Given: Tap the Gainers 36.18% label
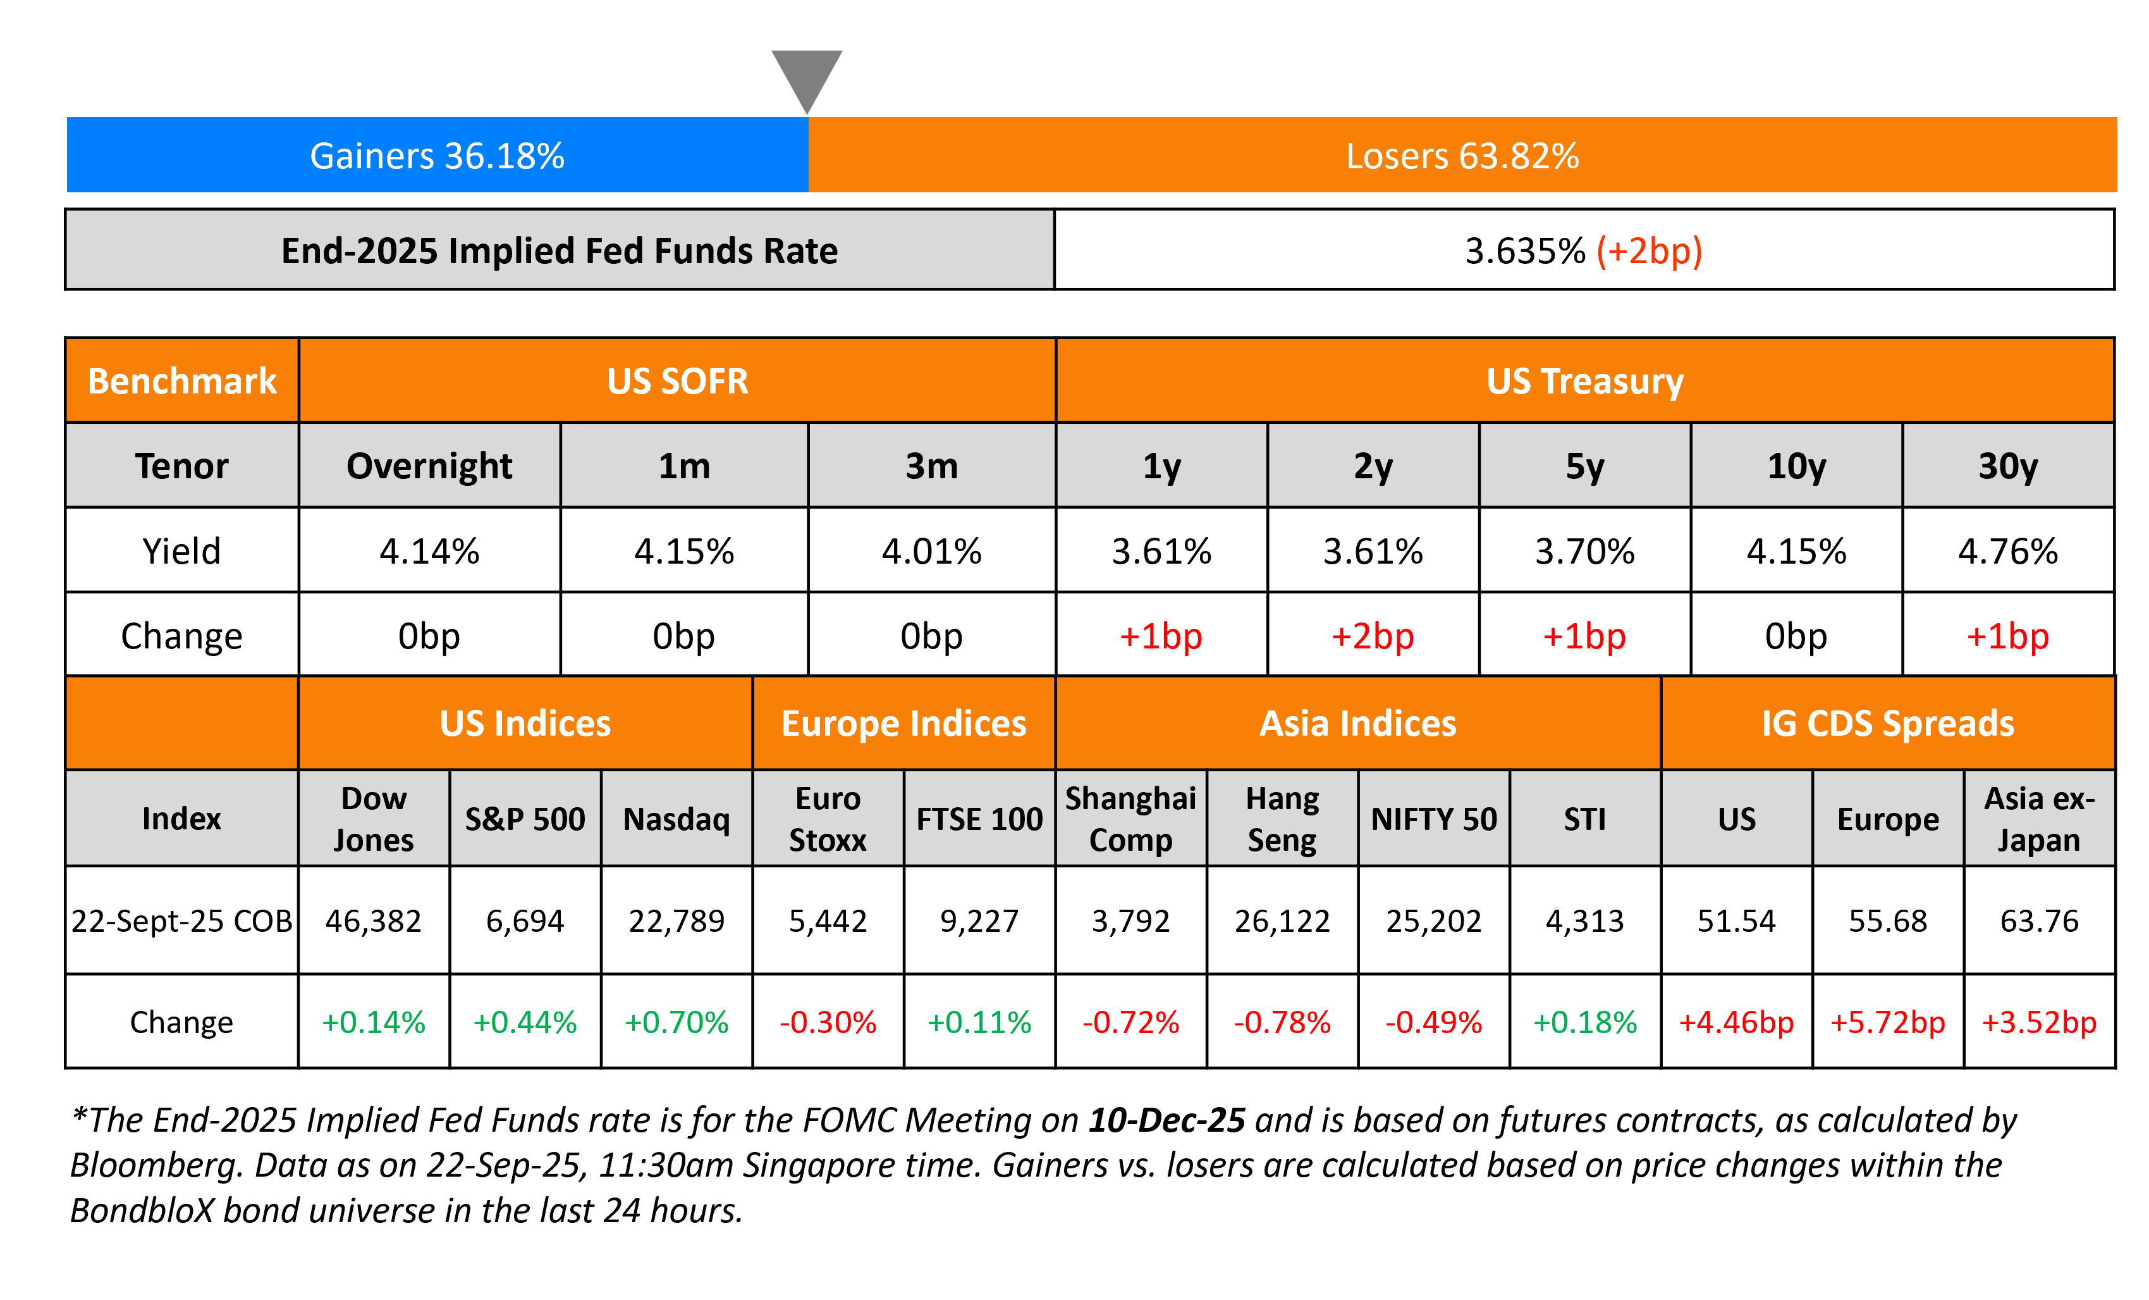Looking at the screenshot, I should [x=437, y=156].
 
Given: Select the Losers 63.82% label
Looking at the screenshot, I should [x=1462, y=156].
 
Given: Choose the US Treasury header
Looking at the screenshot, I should [x=1584, y=381].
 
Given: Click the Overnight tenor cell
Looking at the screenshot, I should [x=429, y=466].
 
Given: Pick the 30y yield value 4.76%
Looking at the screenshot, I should [x=2008, y=552].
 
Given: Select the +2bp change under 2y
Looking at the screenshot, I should [x=1373, y=636].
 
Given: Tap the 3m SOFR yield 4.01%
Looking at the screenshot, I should [x=931, y=552].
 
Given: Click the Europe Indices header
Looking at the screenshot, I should [x=903, y=723].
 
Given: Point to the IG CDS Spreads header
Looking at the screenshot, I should [x=1887, y=723].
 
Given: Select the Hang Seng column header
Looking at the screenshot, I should [x=1282, y=819].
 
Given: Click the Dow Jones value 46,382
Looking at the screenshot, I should [x=373, y=921].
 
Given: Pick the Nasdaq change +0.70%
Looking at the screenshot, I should [x=677, y=1022].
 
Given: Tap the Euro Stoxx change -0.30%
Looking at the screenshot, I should [x=828, y=1022].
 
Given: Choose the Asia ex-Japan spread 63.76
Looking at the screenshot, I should [x=2039, y=921].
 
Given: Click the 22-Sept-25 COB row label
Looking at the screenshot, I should [x=181, y=921].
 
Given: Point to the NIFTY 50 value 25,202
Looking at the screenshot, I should [x=1434, y=921].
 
